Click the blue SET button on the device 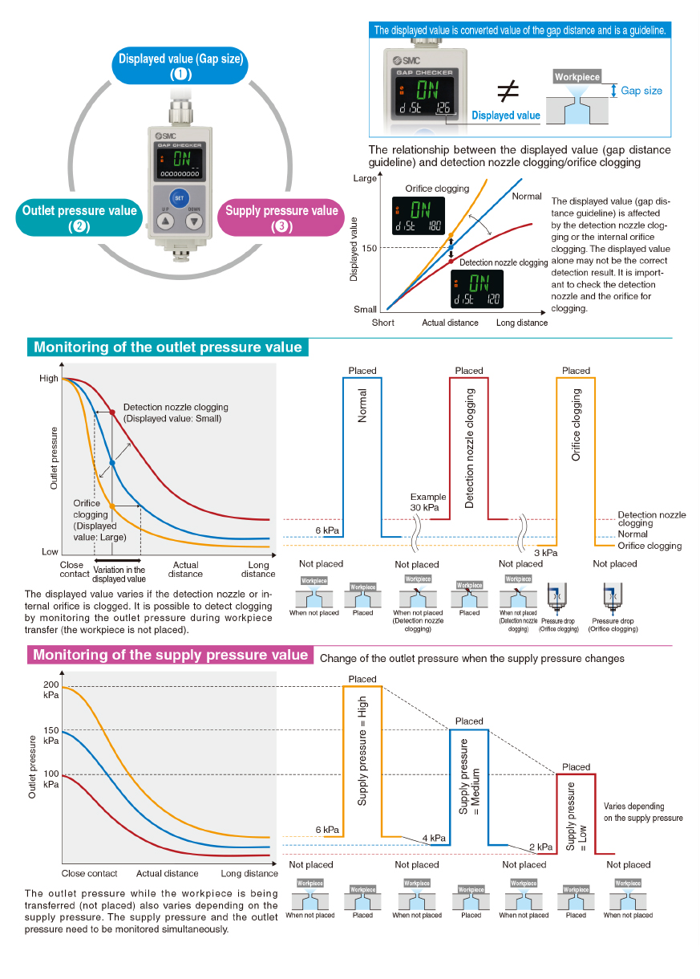tap(179, 198)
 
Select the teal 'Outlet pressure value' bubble tap(79, 217)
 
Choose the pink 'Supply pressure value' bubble tap(281, 217)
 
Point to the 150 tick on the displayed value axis tap(368, 248)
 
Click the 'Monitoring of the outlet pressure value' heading tap(168, 347)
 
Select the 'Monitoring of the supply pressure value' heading tap(170, 655)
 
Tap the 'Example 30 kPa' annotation tap(428, 502)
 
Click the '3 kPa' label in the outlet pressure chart tap(545, 553)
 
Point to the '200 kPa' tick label tap(51, 689)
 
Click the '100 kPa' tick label tap(51, 778)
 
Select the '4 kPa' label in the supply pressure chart tap(434, 839)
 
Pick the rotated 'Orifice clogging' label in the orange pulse tap(576, 425)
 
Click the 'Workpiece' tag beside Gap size tap(577, 77)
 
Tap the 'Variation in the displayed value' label tap(119, 574)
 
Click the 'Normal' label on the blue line tap(527, 196)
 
